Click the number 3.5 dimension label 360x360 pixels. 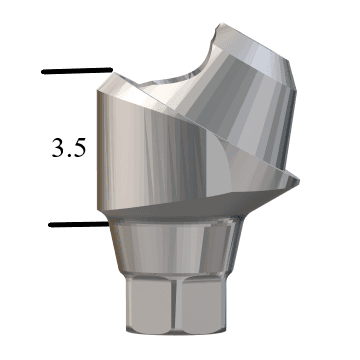pyautogui.click(x=69, y=148)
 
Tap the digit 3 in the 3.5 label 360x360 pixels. pyautogui.click(x=59, y=148)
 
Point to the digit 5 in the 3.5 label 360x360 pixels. pyautogui.click(x=79, y=148)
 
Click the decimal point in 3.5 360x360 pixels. pyautogui.click(x=69, y=155)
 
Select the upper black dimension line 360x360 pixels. pyautogui.click(x=77, y=71)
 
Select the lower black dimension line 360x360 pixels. pyautogui.click(x=79, y=225)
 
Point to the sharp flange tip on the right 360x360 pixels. pyautogui.click(x=298, y=182)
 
